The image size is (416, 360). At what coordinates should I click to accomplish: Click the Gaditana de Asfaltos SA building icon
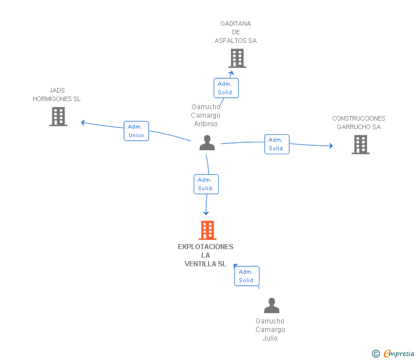[237, 58]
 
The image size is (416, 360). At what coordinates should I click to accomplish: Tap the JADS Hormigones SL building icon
[58, 117]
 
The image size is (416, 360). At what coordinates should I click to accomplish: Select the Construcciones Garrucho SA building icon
[361, 145]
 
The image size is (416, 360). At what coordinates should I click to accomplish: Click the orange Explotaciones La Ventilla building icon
[207, 230]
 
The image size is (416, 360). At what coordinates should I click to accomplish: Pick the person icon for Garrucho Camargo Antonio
[207, 143]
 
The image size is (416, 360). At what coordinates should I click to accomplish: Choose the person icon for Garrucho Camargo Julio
[271, 306]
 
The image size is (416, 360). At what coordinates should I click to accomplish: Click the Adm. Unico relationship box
[137, 131]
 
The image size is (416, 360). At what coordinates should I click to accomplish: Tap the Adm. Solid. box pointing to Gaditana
[226, 88]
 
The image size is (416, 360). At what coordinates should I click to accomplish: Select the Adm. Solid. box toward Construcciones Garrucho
[277, 144]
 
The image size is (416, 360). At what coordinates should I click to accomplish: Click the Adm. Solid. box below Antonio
[206, 184]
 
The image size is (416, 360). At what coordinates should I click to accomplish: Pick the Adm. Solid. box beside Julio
[247, 276]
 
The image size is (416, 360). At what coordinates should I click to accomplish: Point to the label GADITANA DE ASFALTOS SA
[235, 32]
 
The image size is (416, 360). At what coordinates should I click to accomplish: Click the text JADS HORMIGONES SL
[57, 95]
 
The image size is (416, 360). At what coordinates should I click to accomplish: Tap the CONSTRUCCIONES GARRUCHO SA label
[359, 123]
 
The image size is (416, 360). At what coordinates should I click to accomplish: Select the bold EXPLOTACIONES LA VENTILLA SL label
[206, 255]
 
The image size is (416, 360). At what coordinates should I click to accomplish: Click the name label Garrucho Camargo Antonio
[206, 115]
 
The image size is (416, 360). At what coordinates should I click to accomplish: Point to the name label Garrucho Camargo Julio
[270, 330]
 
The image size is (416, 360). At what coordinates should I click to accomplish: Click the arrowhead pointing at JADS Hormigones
[83, 122]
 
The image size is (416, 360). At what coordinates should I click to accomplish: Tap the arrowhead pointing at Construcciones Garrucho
[331, 146]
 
